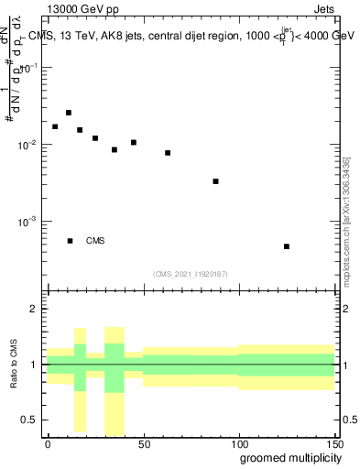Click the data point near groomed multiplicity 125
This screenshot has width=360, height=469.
(287, 246)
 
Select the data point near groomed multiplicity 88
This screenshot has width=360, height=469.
(215, 181)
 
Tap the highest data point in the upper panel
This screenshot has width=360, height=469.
(69, 113)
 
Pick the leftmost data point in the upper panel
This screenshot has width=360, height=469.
(55, 126)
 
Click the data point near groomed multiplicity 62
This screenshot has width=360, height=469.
(168, 153)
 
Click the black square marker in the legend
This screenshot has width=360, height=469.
(70, 241)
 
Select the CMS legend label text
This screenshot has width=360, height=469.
(95, 241)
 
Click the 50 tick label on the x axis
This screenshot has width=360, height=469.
(143, 443)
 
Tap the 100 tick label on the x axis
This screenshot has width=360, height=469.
(238, 443)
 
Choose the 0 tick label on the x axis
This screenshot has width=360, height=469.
(48, 443)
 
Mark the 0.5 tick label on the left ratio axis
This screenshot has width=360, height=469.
(30, 420)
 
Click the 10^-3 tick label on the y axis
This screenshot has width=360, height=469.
(27, 222)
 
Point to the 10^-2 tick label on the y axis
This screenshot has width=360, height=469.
(27, 145)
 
